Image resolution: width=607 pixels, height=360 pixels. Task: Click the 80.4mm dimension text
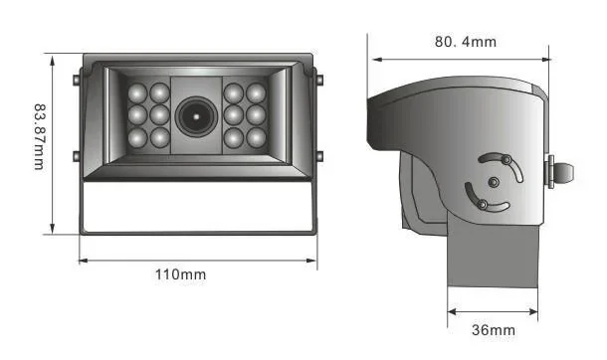[465, 42]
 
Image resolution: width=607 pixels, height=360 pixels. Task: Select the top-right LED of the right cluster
[258, 92]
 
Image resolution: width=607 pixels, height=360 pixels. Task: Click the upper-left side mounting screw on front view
[78, 79]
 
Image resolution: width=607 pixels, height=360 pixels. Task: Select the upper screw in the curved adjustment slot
[506, 159]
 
